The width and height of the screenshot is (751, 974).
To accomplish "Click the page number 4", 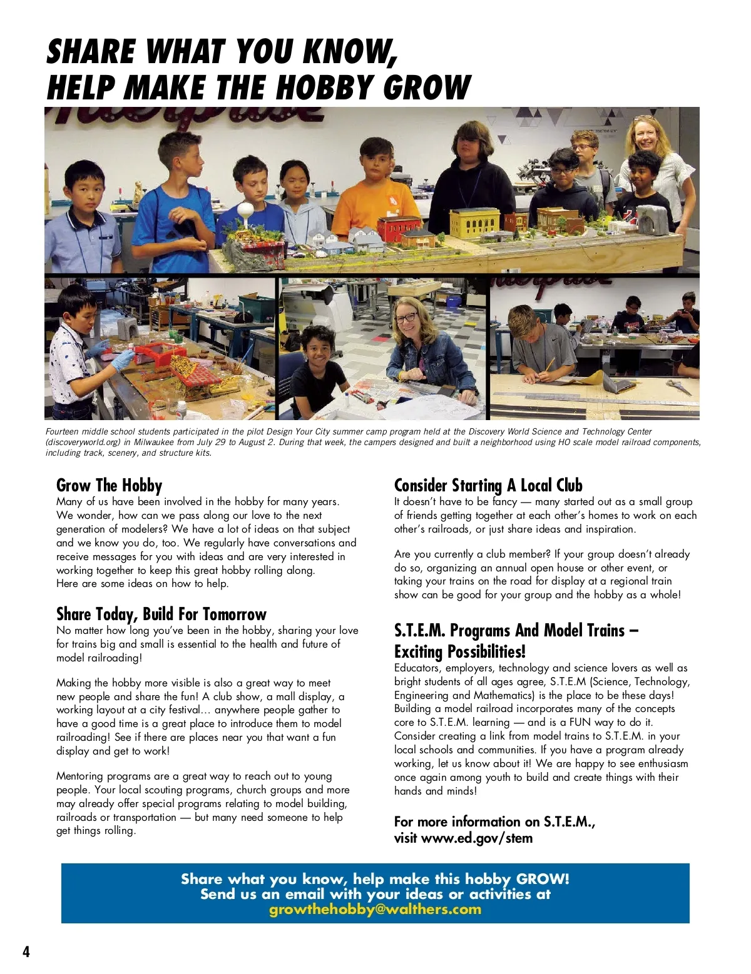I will [x=26, y=951].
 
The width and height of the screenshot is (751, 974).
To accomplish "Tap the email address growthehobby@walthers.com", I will [x=375, y=910].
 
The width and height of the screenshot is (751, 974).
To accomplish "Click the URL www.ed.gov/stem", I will [x=477, y=838].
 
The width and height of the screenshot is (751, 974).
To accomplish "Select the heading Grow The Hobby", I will [x=109, y=486].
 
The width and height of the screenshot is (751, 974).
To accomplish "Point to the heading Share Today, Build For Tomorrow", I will [x=161, y=614].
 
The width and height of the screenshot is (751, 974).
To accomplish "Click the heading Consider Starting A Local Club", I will [x=488, y=486].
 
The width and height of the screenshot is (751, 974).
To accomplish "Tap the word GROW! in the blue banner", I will [x=543, y=879].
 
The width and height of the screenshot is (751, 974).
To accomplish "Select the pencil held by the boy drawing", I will [x=548, y=364].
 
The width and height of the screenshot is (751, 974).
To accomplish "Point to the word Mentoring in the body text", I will [x=79, y=776].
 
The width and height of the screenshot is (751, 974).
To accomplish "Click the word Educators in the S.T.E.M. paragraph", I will [x=417, y=668].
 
